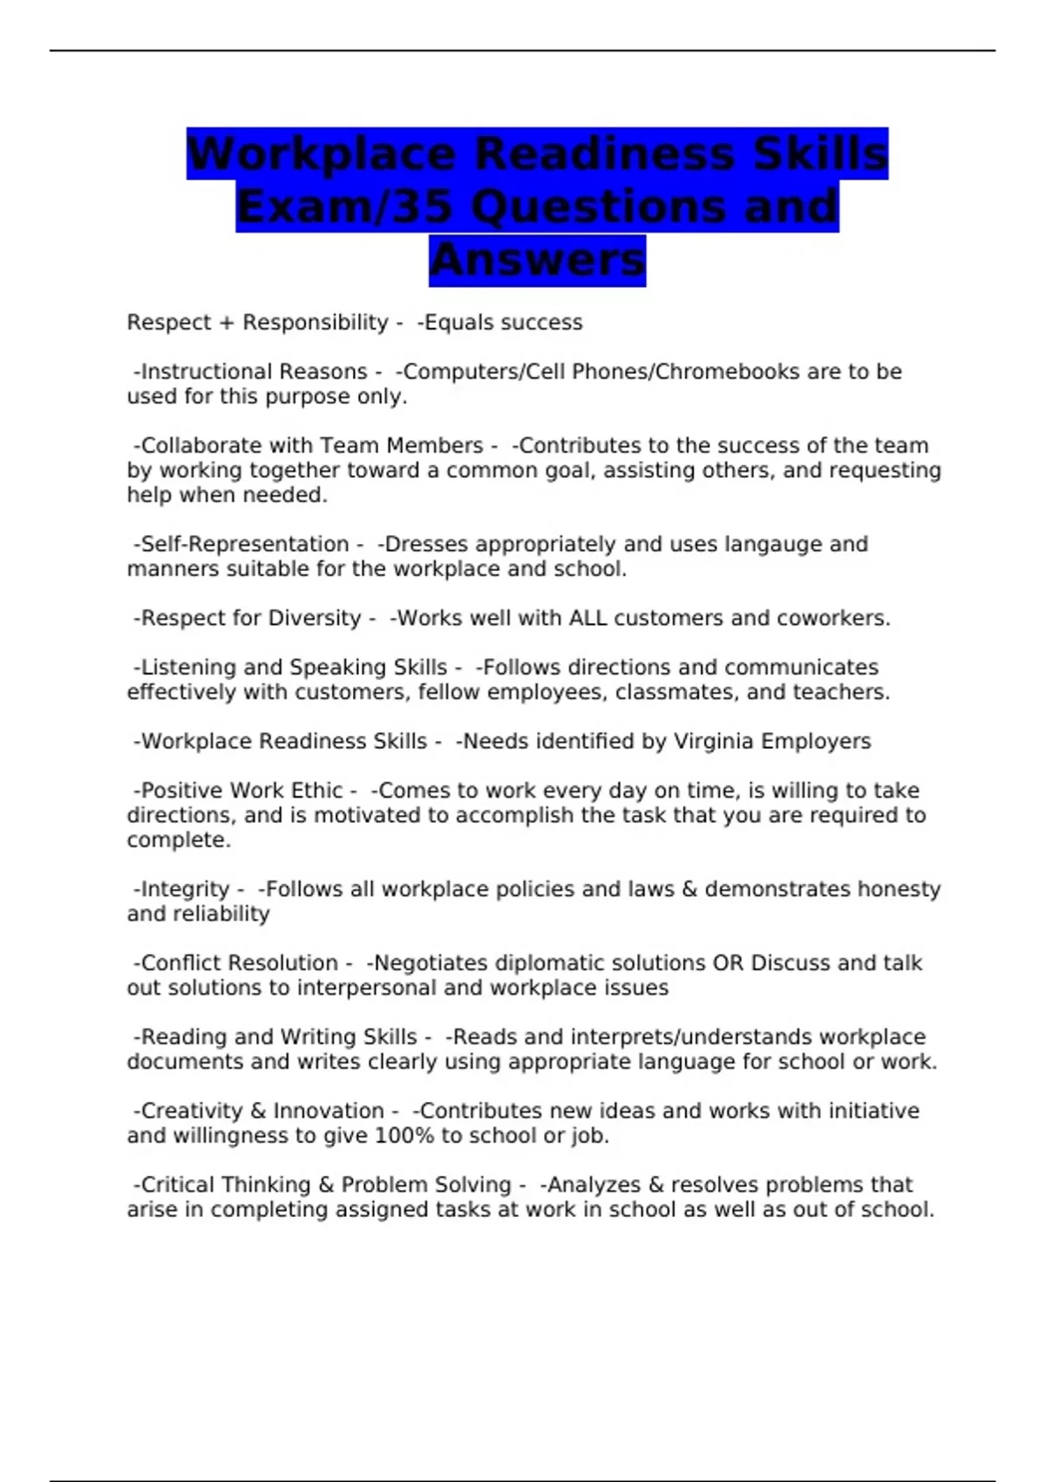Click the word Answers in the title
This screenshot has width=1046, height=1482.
(x=537, y=260)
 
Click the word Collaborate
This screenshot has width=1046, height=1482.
(x=201, y=445)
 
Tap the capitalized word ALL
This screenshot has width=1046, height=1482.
(x=588, y=618)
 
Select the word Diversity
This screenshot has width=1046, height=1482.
(x=314, y=618)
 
